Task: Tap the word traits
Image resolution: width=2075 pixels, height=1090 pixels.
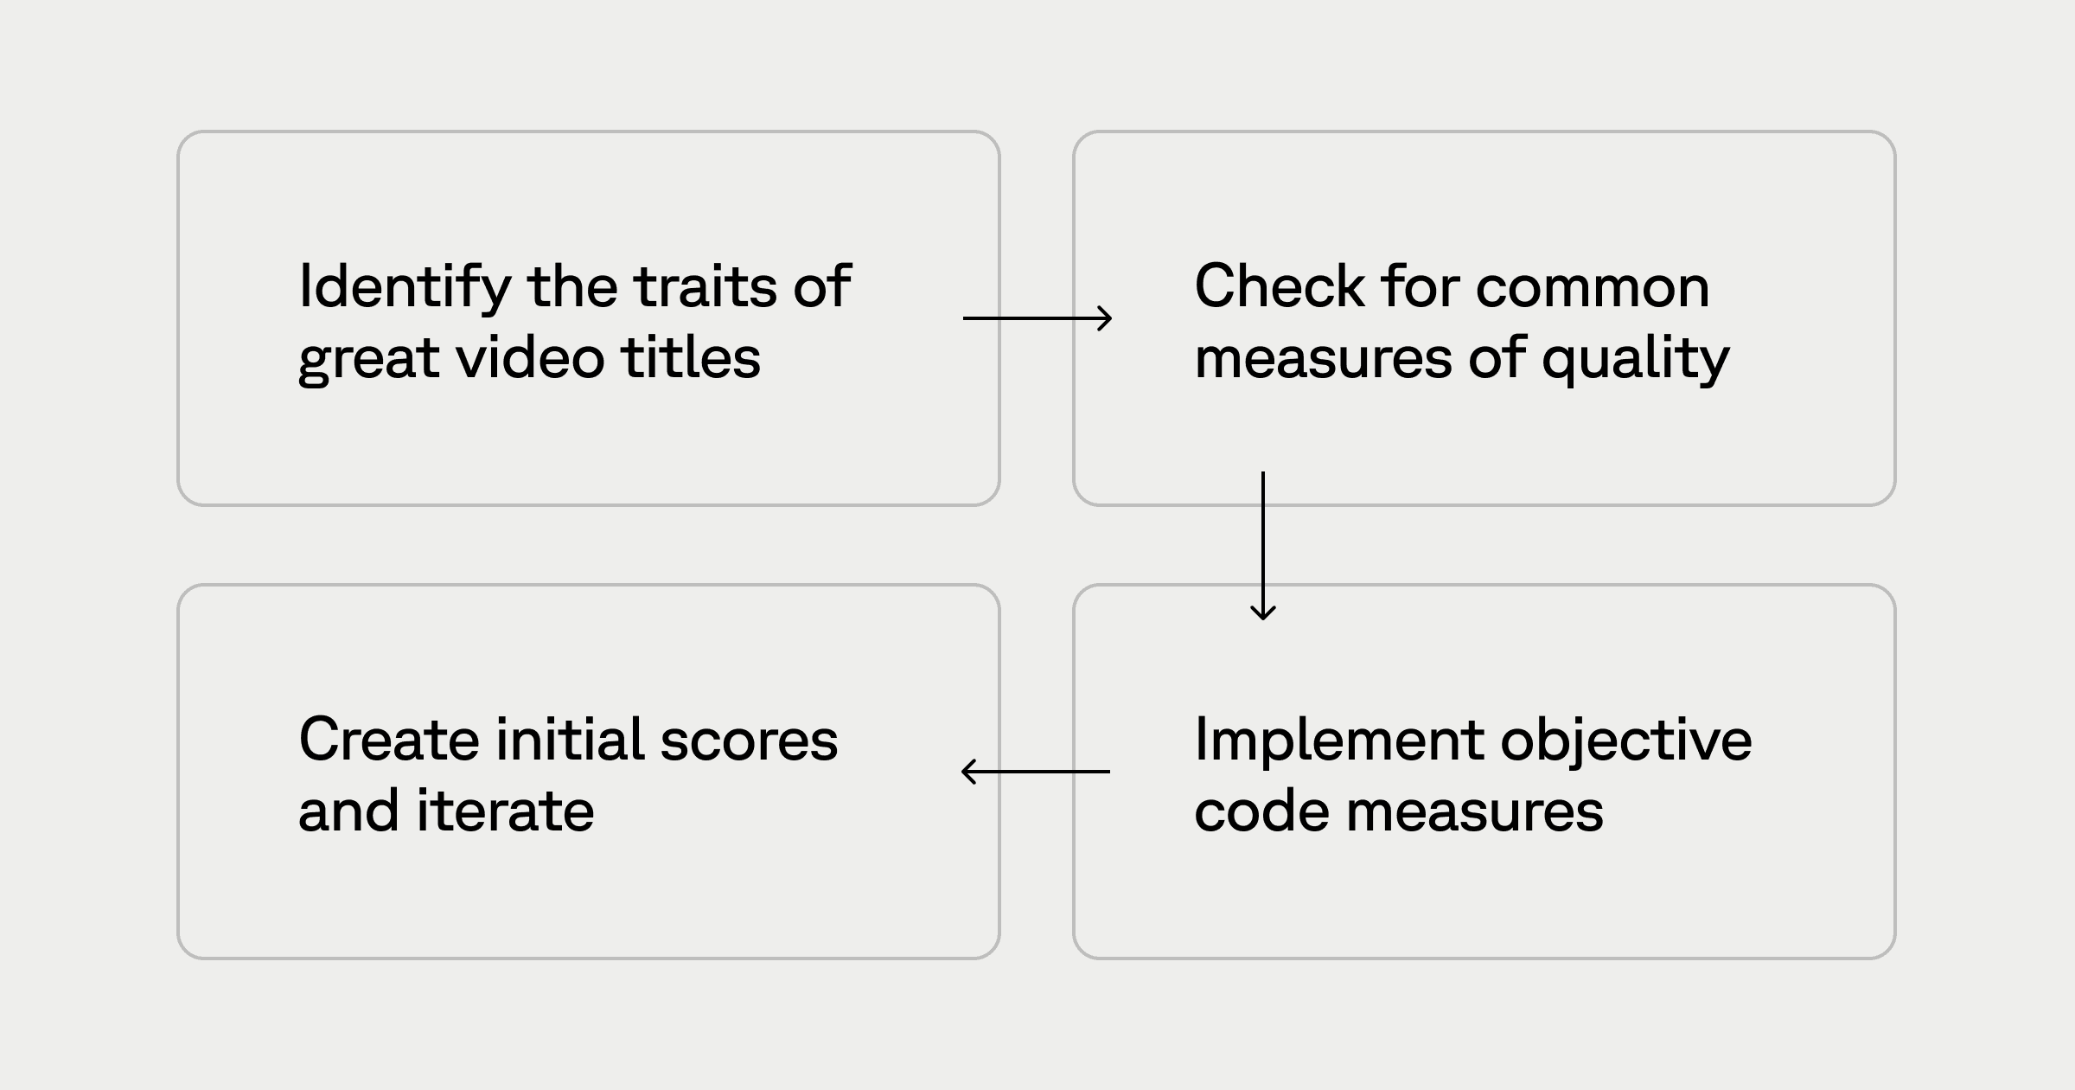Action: tap(705, 287)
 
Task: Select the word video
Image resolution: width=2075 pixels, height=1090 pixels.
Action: tap(530, 358)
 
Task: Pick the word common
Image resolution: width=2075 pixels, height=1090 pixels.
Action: tap(1593, 287)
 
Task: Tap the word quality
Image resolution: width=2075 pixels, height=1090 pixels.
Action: tap(1636, 358)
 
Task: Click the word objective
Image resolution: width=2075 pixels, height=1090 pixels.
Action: tap(1625, 741)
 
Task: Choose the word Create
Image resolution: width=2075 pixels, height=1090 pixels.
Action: tap(388, 741)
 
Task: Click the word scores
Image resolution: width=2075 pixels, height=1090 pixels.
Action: tap(749, 741)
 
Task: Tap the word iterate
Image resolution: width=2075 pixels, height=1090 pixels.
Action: tap(506, 811)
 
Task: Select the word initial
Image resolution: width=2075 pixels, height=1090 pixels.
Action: tap(570, 741)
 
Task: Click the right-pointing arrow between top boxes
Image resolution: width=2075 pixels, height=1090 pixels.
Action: tap(1037, 318)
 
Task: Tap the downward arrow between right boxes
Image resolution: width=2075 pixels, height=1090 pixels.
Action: tap(1263, 545)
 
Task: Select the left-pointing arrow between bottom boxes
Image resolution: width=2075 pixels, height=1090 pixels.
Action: tap(1036, 771)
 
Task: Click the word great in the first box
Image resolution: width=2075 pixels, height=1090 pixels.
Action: tap(368, 358)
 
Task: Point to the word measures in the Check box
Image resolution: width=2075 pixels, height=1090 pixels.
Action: tap(1323, 358)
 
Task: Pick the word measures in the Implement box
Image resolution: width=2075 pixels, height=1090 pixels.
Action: tap(1474, 811)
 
